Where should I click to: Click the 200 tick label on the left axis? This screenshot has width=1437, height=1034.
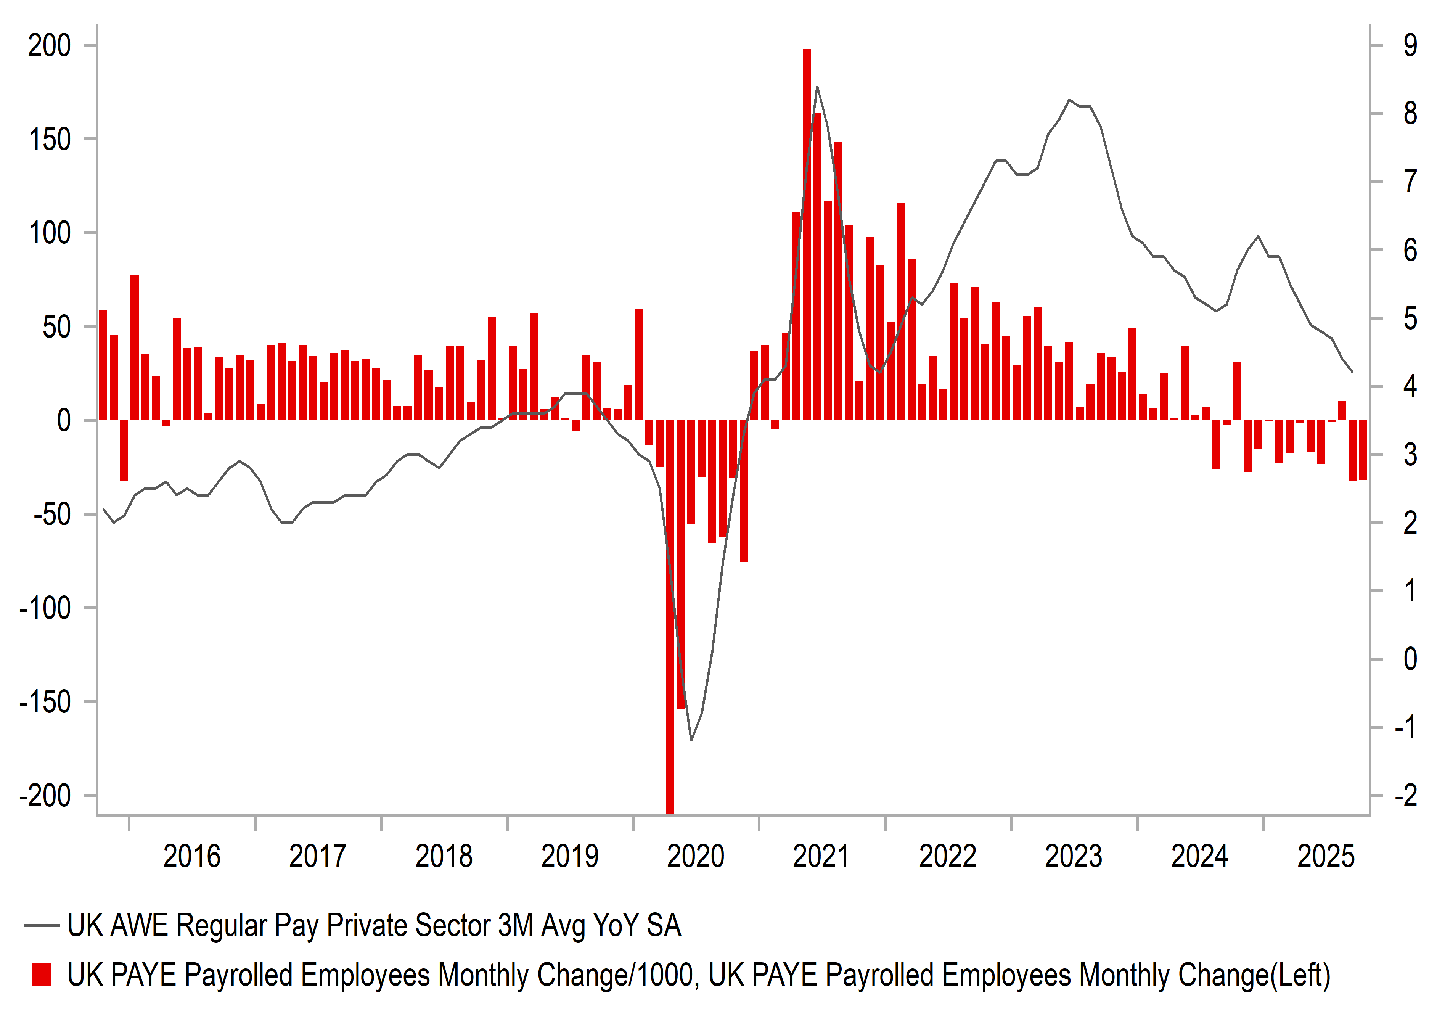[x=50, y=46]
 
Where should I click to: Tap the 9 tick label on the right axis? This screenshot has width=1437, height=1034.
[x=1410, y=46]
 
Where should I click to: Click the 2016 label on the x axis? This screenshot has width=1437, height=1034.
[x=191, y=857]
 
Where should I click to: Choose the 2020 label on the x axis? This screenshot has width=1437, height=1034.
[x=695, y=857]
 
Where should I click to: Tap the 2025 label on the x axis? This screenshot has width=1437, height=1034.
[x=1326, y=857]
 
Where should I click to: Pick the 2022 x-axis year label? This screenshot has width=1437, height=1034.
[x=947, y=857]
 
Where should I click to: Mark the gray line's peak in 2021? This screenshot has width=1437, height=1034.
[x=817, y=87]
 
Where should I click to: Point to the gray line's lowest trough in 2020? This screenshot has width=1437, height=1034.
[x=691, y=740]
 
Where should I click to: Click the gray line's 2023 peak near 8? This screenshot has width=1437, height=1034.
[x=1069, y=100]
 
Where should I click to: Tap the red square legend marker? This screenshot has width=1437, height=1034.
[x=42, y=975]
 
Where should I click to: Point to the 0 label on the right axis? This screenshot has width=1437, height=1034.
[x=1410, y=659]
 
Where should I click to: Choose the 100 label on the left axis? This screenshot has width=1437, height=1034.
[x=50, y=233]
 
